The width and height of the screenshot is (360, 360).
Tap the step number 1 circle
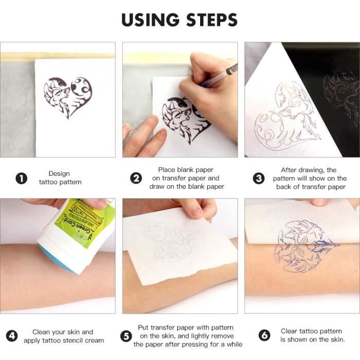[21, 178]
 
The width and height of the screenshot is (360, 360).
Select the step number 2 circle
[136, 178]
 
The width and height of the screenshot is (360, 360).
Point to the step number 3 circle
[259, 178]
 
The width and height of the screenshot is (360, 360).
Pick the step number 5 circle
[126, 336]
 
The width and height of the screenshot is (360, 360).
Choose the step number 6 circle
[264, 336]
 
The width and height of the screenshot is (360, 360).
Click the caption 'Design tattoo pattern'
[60, 178]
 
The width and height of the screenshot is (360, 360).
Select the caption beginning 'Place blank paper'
[186, 178]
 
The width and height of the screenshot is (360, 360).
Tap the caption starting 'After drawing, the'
[308, 178]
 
